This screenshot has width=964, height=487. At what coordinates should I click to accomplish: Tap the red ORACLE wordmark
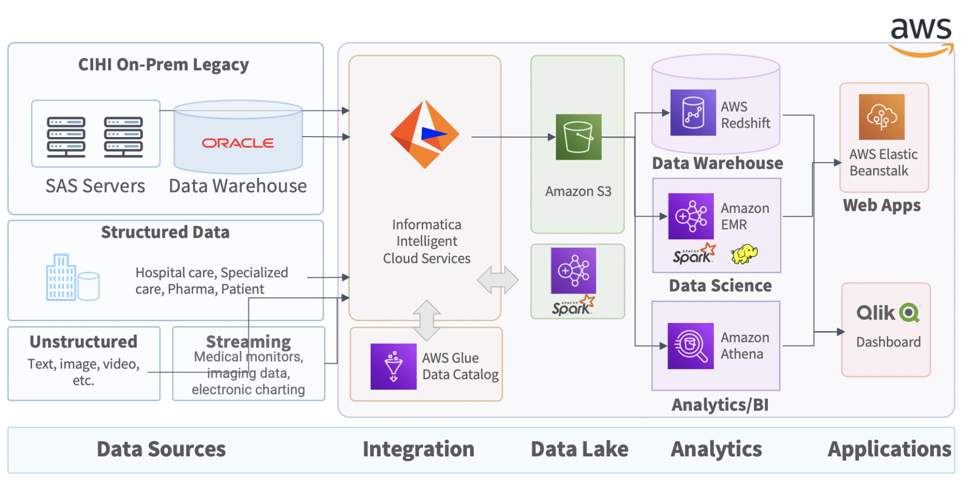pyautogui.click(x=238, y=143)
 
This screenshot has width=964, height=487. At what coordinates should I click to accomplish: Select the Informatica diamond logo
pyautogui.click(x=425, y=134)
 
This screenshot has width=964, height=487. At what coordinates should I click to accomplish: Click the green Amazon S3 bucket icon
pyautogui.click(x=578, y=137)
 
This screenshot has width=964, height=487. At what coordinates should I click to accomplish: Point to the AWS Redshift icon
pyautogui.click(x=693, y=113)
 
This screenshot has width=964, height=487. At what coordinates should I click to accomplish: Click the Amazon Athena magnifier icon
pyautogui.click(x=691, y=346)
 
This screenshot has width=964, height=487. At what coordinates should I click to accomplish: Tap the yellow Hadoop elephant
pyautogui.click(x=744, y=254)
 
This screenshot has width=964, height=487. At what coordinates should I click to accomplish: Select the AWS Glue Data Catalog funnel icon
pyautogui.click(x=393, y=366)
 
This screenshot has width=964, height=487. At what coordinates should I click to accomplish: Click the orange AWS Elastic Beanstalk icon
pyautogui.click(x=881, y=117)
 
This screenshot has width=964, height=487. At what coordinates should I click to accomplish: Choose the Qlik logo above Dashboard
pyautogui.click(x=888, y=313)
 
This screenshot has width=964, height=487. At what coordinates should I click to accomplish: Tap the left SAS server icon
pyautogui.click(x=66, y=137)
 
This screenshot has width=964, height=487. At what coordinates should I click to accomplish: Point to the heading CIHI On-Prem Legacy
pyautogui.click(x=163, y=65)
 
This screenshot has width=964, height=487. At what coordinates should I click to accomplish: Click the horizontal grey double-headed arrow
pyautogui.click(x=498, y=280)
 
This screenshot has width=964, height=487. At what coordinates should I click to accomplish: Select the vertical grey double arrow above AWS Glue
pyautogui.click(x=426, y=320)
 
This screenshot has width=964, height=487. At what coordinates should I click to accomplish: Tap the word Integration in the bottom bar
pyautogui.click(x=418, y=449)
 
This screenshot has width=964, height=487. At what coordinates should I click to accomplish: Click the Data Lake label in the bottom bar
pyautogui.click(x=579, y=449)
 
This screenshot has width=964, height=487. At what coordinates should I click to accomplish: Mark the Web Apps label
pyautogui.click(x=882, y=205)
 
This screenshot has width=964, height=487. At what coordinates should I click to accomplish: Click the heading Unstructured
pyautogui.click(x=83, y=342)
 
